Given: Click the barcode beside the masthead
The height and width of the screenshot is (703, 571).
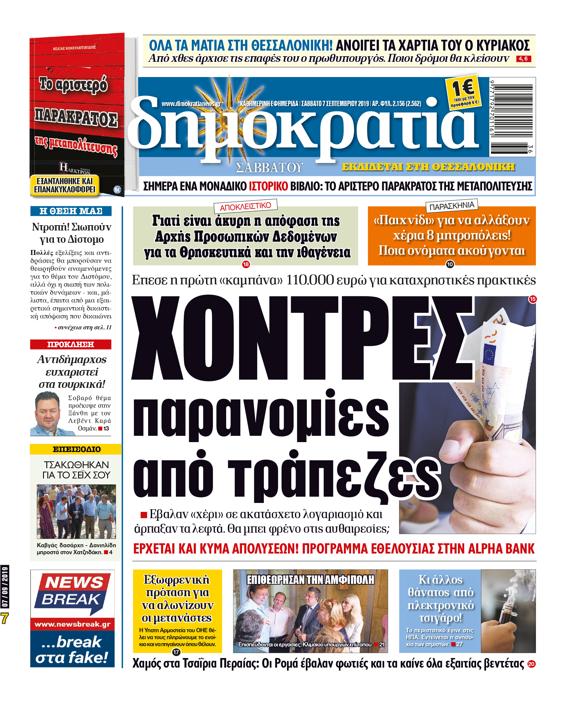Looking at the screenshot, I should pyautogui.click(x=512, y=117).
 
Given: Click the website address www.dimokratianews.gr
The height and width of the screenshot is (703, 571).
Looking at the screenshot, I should pyautogui.click(x=191, y=104).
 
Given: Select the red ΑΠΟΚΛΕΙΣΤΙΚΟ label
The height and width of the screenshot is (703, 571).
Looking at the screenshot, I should pyautogui.click(x=245, y=206).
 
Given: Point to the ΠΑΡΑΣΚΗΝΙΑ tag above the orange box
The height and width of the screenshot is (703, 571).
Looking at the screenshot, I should pyautogui.click(x=452, y=206).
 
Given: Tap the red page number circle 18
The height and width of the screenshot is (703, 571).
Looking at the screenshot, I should pyautogui.click(x=246, y=264).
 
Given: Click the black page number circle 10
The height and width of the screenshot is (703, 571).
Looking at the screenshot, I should pyautogui.click(x=450, y=264).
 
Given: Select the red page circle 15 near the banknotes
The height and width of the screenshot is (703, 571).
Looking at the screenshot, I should pyautogui.click(x=532, y=299).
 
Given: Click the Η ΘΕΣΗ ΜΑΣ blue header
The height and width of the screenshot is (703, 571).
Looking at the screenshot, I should pyautogui.click(x=71, y=211).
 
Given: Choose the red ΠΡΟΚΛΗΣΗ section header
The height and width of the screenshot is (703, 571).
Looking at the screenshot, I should pyautogui.click(x=70, y=344).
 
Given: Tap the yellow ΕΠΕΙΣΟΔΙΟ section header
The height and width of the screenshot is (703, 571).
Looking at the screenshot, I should pyautogui.click(x=76, y=449).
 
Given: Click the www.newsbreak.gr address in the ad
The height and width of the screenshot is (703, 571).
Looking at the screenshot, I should pyautogui.click(x=72, y=624).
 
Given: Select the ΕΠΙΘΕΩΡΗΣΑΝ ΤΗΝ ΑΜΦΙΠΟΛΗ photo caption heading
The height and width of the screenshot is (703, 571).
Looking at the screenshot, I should pyautogui.click(x=310, y=580).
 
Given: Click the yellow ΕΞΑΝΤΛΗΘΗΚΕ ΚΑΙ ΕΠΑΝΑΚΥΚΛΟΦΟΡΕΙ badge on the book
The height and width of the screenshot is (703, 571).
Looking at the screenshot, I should pyautogui.click(x=65, y=186).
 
